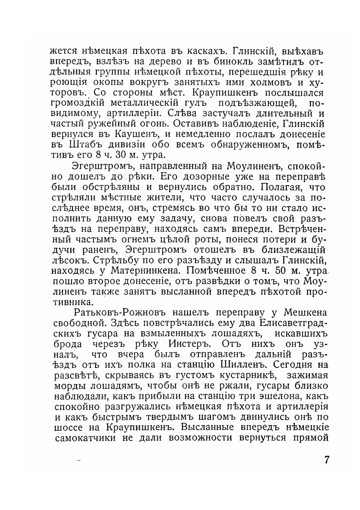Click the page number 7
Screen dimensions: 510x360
[327, 461]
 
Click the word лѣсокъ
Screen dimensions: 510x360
[66, 260]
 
